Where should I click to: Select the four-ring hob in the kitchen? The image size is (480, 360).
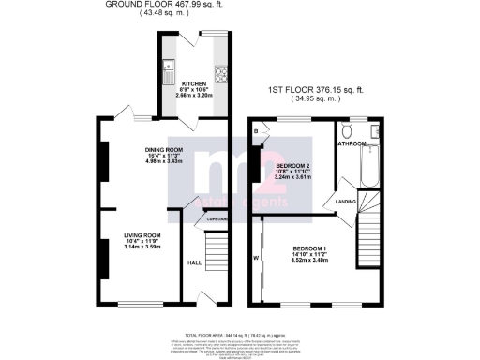(x=222, y=71)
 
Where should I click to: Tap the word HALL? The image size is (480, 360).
(x=194, y=262)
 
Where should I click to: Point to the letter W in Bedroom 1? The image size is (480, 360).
(x=255, y=259)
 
